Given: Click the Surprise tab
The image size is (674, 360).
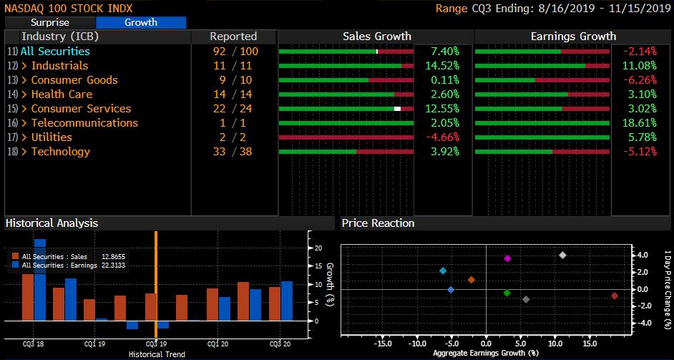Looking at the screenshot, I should pos(49,22).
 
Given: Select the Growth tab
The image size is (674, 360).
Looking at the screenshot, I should pos(141,22).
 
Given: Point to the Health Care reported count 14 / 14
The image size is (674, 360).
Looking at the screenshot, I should pos(233,94).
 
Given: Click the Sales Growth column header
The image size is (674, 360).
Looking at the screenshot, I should pos(376,37).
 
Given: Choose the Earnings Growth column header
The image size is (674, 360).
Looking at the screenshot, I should pos(573,37).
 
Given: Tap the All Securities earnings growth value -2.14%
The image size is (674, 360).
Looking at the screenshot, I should pos(640,52).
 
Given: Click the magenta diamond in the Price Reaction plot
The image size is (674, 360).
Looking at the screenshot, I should pos(507,258).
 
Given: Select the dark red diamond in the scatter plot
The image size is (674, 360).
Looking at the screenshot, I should pos(615,296).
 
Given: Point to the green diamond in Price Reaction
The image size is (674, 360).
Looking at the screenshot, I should pos(507,293).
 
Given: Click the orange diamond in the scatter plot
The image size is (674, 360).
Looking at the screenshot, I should pos(472,280).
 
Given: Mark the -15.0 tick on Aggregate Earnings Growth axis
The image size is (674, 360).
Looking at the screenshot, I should pos(382,343).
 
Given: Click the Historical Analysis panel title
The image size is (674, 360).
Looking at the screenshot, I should pos(52,223).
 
